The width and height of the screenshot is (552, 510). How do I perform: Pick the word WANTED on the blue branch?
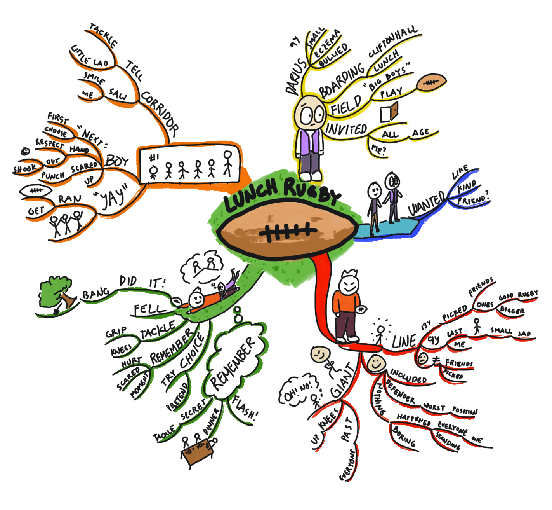click(x=427, y=203)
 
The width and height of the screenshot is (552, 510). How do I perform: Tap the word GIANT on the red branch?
click(x=343, y=381)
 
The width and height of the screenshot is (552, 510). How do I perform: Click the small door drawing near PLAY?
click(x=389, y=112)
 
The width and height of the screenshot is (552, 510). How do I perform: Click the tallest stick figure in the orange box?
click(x=227, y=163)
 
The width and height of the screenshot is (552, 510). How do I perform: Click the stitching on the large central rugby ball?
click(x=287, y=232)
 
